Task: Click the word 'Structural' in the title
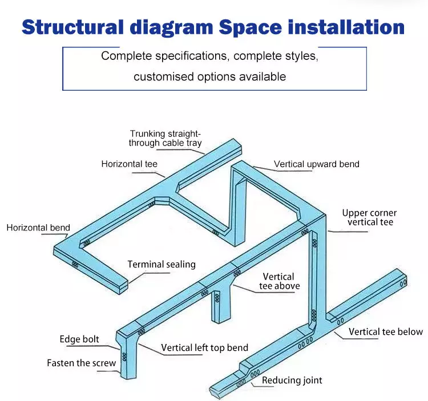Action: tap(72, 27)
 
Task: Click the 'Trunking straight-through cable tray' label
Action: tap(165, 138)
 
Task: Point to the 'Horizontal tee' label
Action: tap(130, 164)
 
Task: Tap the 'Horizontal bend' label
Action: tap(38, 228)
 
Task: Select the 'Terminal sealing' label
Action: tap(161, 264)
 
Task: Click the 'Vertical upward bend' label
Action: tap(317, 164)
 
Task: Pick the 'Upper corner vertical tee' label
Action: tap(369, 217)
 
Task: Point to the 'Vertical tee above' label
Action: tap(280, 281)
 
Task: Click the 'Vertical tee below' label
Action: tap(386, 332)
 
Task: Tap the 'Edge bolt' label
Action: tap(79, 339)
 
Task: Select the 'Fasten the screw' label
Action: tap(82, 363)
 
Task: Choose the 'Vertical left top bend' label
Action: tap(204, 348)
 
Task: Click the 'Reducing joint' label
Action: tap(292, 380)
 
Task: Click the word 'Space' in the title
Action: tap(250, 28)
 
